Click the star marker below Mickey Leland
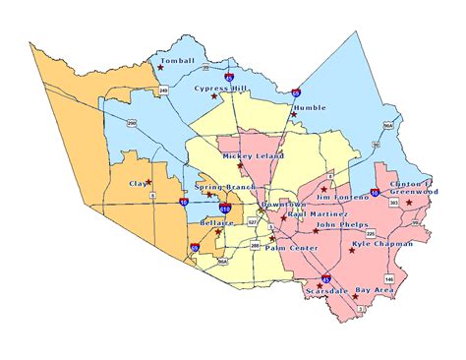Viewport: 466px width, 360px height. click(x=240, y=165)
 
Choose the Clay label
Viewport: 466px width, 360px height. click(x=138, y=183)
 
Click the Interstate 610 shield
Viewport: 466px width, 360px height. click(x=227, y=209)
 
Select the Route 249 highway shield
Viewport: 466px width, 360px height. click(x=164, y=90)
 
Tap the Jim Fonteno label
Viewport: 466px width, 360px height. click(x=342, y=198)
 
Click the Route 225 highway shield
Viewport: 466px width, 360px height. click(x=384, y=233)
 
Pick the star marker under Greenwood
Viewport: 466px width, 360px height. click(x=410, y=202)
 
